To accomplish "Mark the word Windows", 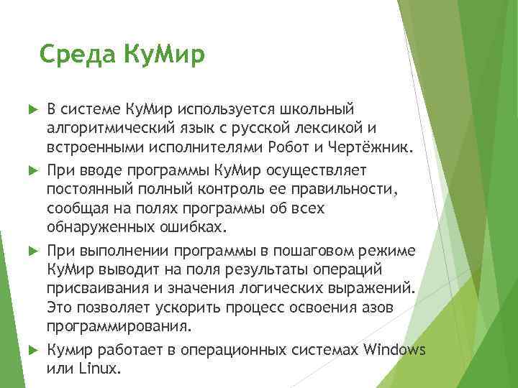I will [395, 350].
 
